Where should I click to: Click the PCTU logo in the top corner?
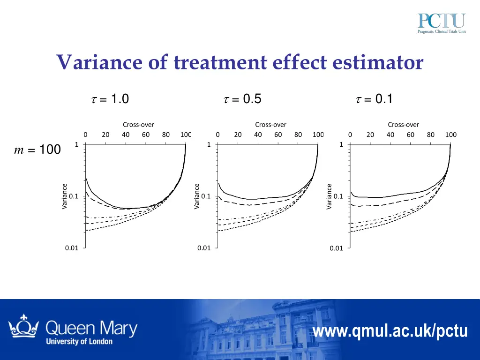[x=442, y=24]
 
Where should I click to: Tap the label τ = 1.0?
[x=109, y=99]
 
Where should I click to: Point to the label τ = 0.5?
[x=242, y=99]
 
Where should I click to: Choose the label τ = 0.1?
[x=374, y=99]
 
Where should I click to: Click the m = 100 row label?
[x=37, y=150]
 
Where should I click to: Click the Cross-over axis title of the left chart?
[x=138, y=125]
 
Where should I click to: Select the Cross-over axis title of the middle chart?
[x=270, y=125]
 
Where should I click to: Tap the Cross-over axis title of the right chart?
[x=403, y=125]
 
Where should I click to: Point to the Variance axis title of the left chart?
[x=65, y=196]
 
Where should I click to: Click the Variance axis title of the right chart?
[x=329, y=196]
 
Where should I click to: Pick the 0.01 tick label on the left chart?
[x=72, y=248]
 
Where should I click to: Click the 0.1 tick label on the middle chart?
[x=206, y=196]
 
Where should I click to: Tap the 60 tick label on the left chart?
[x=145, y=135]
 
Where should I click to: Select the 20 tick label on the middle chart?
[x=238, y=135]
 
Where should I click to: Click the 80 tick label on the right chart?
[x=430, y=135]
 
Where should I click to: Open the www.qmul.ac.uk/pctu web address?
[x=390, y=331]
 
